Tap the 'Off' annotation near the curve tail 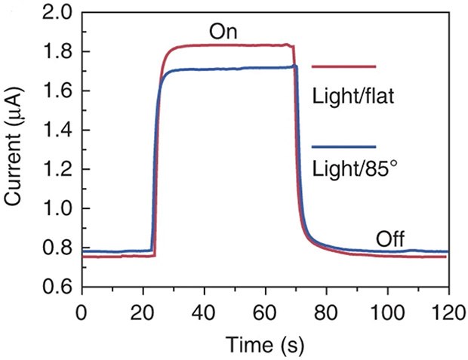click(390, 239)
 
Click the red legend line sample click(343, 67)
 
